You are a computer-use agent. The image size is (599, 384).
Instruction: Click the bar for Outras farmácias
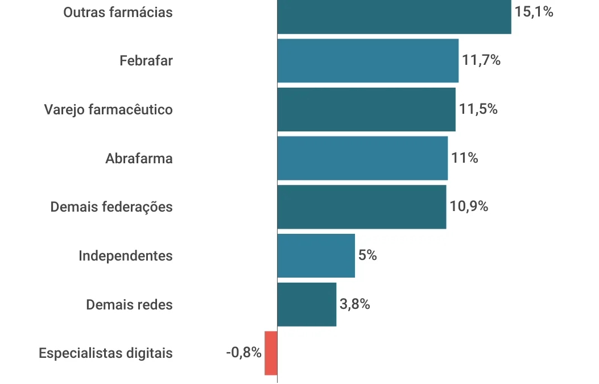[394, 16]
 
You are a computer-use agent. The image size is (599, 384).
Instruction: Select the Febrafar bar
[367, 60]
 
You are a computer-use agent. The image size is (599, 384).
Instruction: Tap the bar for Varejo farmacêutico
[366, 109]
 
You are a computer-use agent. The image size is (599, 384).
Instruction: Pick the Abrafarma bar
[362, 158]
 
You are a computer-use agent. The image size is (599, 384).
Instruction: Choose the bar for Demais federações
[361, 207]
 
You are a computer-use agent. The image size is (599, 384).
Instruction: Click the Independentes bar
[316, 255]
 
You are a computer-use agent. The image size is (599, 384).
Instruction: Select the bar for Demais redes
[307, 304]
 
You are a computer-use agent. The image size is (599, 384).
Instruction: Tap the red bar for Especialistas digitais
[271, 353]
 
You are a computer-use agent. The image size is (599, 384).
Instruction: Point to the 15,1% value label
[534, 11]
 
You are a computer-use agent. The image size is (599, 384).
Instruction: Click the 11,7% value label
[481, 60]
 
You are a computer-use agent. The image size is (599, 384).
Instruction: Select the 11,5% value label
[478, 109]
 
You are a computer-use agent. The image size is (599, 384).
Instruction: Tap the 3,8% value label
[355, 304]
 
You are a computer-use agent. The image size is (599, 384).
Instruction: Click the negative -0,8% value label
[243, 353]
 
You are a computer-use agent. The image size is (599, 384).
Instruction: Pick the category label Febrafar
[146, 60]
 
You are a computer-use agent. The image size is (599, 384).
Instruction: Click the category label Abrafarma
[139, 158]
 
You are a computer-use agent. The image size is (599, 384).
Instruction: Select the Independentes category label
[126, 255]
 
